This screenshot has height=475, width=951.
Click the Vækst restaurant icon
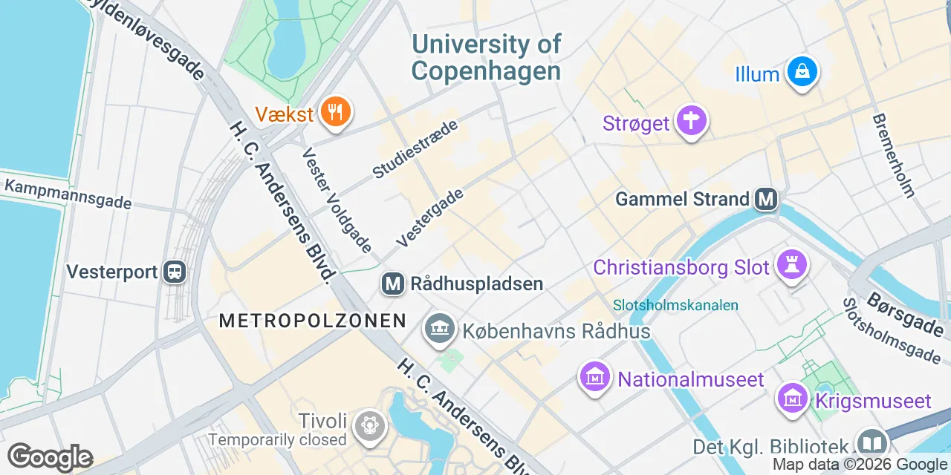pos(336,113)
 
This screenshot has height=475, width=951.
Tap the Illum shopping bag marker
pos(802,72)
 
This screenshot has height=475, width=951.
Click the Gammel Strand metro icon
pos(765,199)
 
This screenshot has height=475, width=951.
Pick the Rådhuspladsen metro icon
pos(393,284)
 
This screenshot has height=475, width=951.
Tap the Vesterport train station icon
pos(175,272)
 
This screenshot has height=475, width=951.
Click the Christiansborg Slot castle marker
pos(791,264)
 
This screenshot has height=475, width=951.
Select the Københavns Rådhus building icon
pos(439,329)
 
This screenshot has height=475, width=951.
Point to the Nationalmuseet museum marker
pos(595,378)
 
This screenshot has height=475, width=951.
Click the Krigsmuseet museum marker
pos(793,399)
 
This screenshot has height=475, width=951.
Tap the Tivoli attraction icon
pos(369,424)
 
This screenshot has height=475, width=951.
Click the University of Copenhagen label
pos(487,57)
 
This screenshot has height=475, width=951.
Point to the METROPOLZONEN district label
pos(312,321)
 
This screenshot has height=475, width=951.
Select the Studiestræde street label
pos(415,148)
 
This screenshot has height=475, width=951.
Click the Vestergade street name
pos(430,217)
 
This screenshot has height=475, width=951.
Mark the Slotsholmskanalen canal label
pos(676,305)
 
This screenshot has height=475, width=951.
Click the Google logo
pos(50,457)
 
